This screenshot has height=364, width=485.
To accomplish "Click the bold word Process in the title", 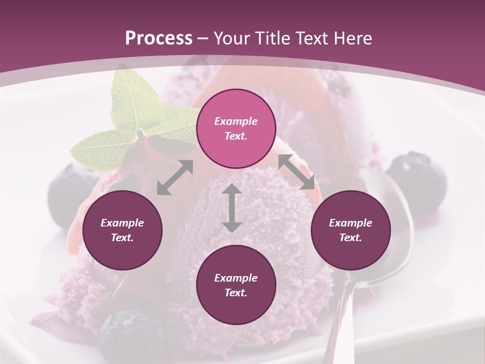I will coord(159,38).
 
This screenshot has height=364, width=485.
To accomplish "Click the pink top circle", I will coord(236,128).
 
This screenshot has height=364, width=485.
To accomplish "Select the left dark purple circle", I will coord(122,230).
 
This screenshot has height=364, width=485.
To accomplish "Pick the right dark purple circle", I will coord(350,230).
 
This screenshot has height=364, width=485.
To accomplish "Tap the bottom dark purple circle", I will coord(236,285).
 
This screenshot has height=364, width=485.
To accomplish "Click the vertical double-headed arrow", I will coord(232,208).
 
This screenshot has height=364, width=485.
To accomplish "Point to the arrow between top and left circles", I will coord(175,177).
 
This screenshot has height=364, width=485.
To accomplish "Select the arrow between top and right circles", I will coord(296,172).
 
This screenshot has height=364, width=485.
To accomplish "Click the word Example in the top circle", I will coord(236,121).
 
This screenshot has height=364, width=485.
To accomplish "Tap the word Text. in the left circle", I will coord(122,238).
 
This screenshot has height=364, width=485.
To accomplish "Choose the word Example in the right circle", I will coord(350,223).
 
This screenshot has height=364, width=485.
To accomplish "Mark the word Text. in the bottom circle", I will coord(236,293).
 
